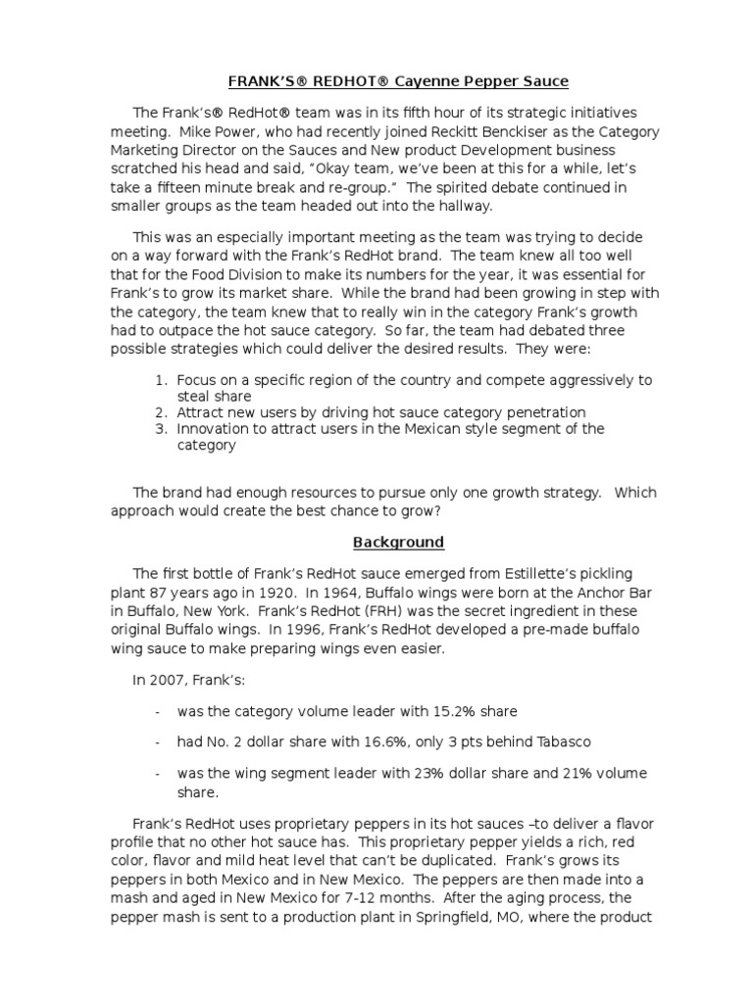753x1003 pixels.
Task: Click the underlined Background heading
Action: pyautogui.click(x=399, y=542)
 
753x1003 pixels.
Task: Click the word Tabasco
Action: pyautogui.click(x=558, y=742)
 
